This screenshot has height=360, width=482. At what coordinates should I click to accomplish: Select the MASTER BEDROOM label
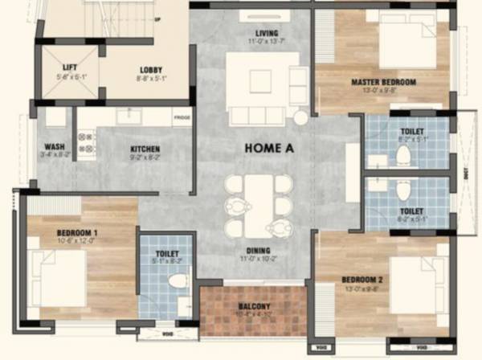(x=383, y=82)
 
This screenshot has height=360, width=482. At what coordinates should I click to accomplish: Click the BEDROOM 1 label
(x=77, y=233)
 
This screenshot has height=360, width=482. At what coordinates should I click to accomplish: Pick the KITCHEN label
(x=145, y=149)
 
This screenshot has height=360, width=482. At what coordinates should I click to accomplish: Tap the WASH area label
(x=55, y=147)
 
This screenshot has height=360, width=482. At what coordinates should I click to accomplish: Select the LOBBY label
(x=151, y=70)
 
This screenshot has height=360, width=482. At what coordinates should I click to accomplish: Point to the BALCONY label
(x=253, y=306)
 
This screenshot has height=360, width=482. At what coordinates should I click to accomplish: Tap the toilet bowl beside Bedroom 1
(x=178, y=281)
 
